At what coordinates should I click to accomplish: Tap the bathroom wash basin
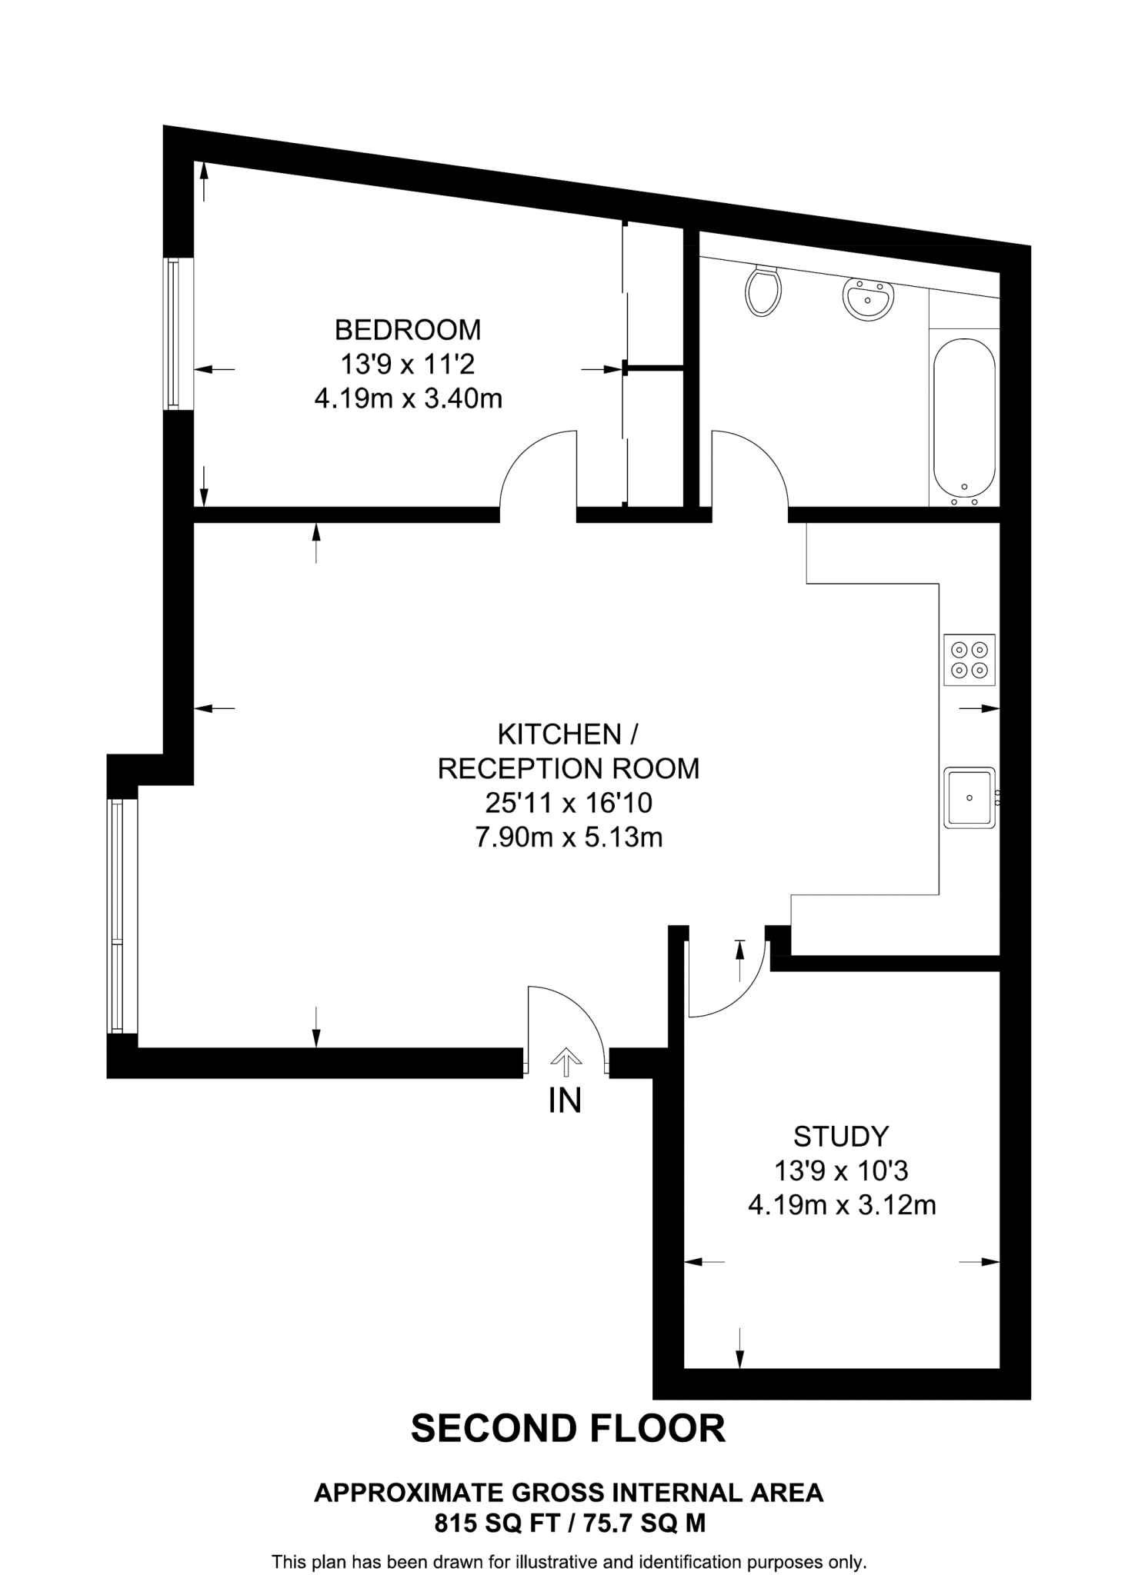[868, 297]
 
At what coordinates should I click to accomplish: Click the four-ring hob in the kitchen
[969, 660]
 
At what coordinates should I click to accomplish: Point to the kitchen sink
[969, 797]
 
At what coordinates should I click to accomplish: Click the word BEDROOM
[408, 330]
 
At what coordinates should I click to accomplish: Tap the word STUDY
[841, 1136]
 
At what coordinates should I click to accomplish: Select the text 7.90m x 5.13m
[569, 837]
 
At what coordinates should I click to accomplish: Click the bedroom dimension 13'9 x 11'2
[408, 364]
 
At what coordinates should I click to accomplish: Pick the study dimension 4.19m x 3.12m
[842, 1204]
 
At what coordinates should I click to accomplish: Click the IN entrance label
[565, 1101]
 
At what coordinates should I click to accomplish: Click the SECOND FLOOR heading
[568, 1428]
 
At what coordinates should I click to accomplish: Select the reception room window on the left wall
[117, 915]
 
